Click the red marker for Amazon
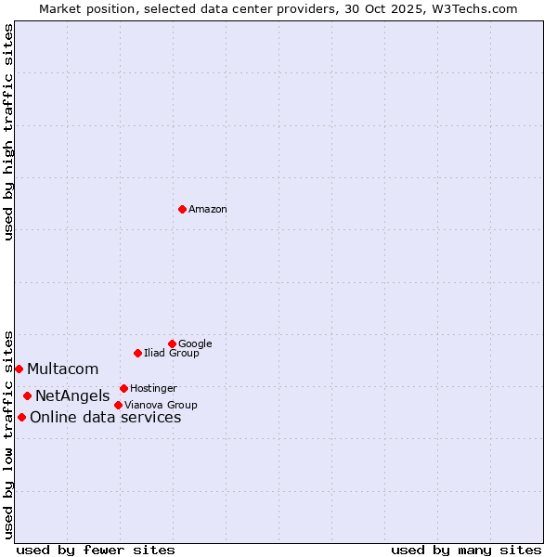click(x=182, y=209)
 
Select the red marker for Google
click(x=172, y=343)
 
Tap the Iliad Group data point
click(x=137, y=353)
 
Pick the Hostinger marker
click(x=123, y=388)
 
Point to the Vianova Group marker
click(x=118, y=405)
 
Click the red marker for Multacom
click(x=19, y=369)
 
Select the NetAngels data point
click(x=27, y=395)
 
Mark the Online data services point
click(x=21, y=417)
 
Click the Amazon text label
click(x=208, y=210)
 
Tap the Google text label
click(x=195, y=343)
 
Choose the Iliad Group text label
click(x=172, y=353)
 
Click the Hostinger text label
click(x=153, y=388)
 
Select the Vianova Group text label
click(x=161, y=405)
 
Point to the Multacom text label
click(x=63, y=369)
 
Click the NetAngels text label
click(x=72, y=396)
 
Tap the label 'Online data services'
click(x=106, y=418)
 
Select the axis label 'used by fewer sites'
click(x=96, y=550)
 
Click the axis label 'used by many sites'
click(x=466, y=550)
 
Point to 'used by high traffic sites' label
click(x=8, y=132)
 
